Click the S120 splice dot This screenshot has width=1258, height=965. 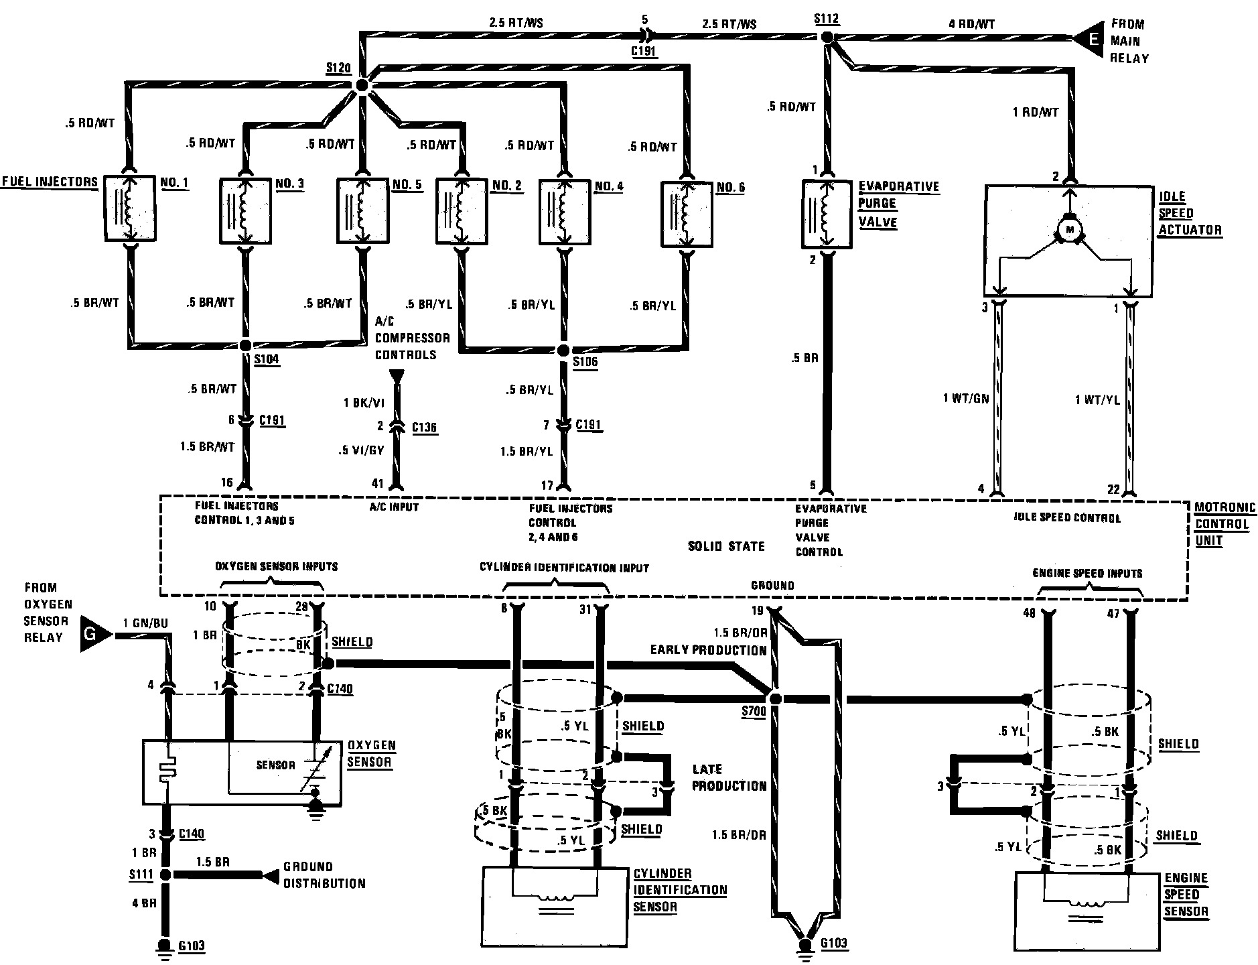click(361, 85)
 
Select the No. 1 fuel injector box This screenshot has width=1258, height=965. click(130, 208)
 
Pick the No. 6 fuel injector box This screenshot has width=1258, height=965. click(685, 214)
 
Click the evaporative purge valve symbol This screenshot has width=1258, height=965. click(827, 213)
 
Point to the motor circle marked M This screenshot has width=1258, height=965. click(1069, 230)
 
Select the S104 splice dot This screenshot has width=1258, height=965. click(245, 346)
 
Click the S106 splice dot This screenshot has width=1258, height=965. click(563, 350)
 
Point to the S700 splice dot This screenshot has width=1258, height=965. click(776, 699)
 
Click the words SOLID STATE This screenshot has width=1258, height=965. click(726, 546)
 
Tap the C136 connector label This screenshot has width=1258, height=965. click(425, 427)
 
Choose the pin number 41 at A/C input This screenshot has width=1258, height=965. click(378, 483)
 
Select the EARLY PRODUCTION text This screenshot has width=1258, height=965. click(708, 650)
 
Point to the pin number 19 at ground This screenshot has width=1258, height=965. click(757, 610)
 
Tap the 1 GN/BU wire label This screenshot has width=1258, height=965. click(145, 624)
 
